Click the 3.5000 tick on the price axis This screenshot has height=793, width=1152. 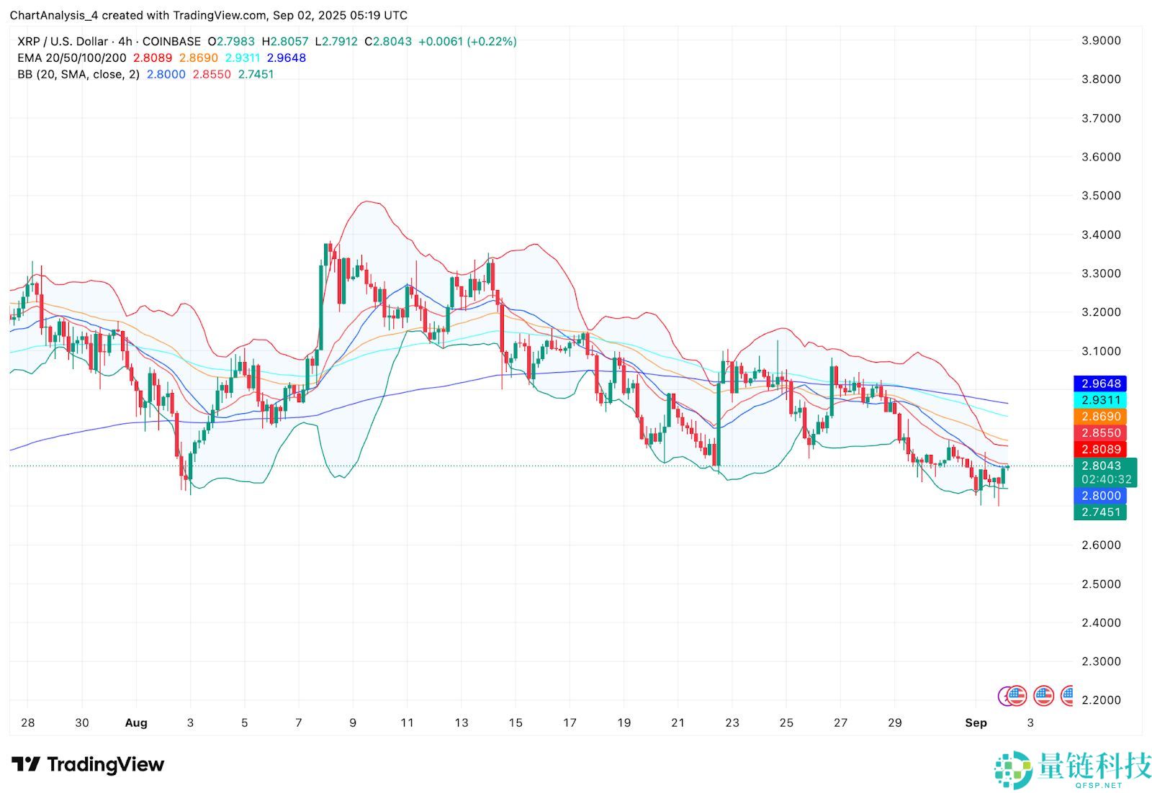[1101, 196]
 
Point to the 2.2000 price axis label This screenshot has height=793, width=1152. [1101, 700]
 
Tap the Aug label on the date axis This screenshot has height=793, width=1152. [136, 723]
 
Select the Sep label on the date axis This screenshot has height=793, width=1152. [976, 723]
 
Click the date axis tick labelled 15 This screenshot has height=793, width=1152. [516, 723]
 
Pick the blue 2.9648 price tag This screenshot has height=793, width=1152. [1101, 384]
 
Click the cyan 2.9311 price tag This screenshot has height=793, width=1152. [1101, 400]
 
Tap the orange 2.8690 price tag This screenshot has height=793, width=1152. [1101, 417]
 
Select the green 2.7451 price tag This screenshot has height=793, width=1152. [1101, 512]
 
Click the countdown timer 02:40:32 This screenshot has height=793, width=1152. [1106, 479]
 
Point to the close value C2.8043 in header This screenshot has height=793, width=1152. [388, 42]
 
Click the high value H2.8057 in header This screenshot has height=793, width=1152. [285, 42]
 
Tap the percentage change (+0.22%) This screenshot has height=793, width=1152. [492, 42]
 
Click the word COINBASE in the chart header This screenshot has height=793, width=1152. [172, 42]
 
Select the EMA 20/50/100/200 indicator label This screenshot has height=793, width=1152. [72, 58]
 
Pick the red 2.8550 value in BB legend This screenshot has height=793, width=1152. [212, 75]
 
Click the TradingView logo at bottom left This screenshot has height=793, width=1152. [88, 765]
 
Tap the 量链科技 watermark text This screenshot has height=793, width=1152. [1094, 765]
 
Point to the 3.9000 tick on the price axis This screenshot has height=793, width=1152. [1101, 40]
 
